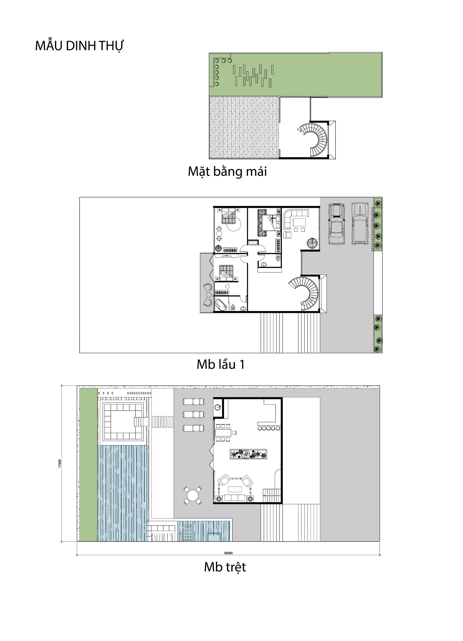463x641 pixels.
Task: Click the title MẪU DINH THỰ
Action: [79, 46]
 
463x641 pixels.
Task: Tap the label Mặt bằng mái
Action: [227, 172]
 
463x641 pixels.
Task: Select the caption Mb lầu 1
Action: [220, 365]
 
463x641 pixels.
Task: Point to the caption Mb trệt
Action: [225, 567]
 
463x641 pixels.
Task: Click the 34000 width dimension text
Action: [228, 553]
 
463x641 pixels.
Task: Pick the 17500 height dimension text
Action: [60, 463]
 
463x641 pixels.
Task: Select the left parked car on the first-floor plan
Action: [336, 224]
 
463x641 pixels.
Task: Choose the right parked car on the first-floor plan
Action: [360, 223]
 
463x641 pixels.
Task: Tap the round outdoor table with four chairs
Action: [193, 496]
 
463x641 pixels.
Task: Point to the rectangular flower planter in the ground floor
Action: [248, 454]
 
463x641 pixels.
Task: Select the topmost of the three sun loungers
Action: [193, 402]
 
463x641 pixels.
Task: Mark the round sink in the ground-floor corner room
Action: [218, 407]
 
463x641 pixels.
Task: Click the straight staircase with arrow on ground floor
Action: [272, 496]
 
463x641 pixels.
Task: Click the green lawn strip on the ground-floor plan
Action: [88, 465]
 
